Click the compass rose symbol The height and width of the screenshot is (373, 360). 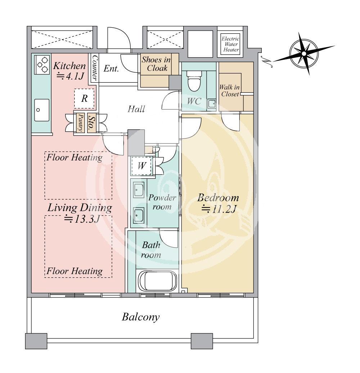[x=304, y=54]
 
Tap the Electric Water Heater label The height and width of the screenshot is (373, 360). [x=230, y=44]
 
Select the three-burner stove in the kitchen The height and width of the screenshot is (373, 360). [x=42, y=64]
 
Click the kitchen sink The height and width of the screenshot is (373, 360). [x=42, y=110]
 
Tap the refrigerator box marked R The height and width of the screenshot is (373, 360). [x=84, y=99]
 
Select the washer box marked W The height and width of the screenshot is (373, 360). [x=141, y=165]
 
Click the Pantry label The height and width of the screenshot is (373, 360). [x=81, y=122]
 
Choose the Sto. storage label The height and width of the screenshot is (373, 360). [x=91, y=123]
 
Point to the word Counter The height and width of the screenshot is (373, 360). [x=94, y=68]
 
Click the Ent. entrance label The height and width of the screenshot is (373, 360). [x=111, y=69]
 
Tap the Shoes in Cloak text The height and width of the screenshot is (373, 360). [x=157, y=64]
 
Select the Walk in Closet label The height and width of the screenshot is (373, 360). [x=230, y=91]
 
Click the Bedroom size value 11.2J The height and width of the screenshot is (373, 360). [x=219, y=209]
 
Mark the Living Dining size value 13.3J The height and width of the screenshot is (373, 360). [x=82, y=219]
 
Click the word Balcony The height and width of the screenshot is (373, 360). [x=141, y=317]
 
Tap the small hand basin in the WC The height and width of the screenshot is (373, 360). [x=211, y=104]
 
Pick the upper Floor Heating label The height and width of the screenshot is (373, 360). [x=75, y=158]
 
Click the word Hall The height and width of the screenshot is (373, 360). [x=136, y=109]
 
